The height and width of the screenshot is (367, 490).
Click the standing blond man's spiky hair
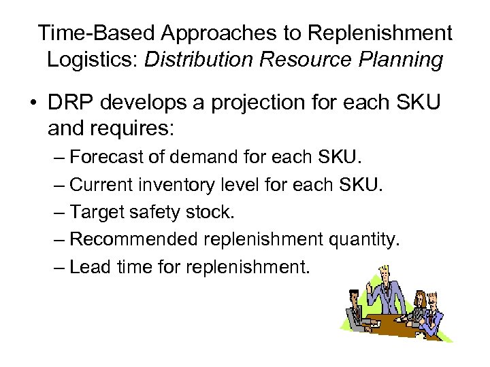[384, 266]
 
